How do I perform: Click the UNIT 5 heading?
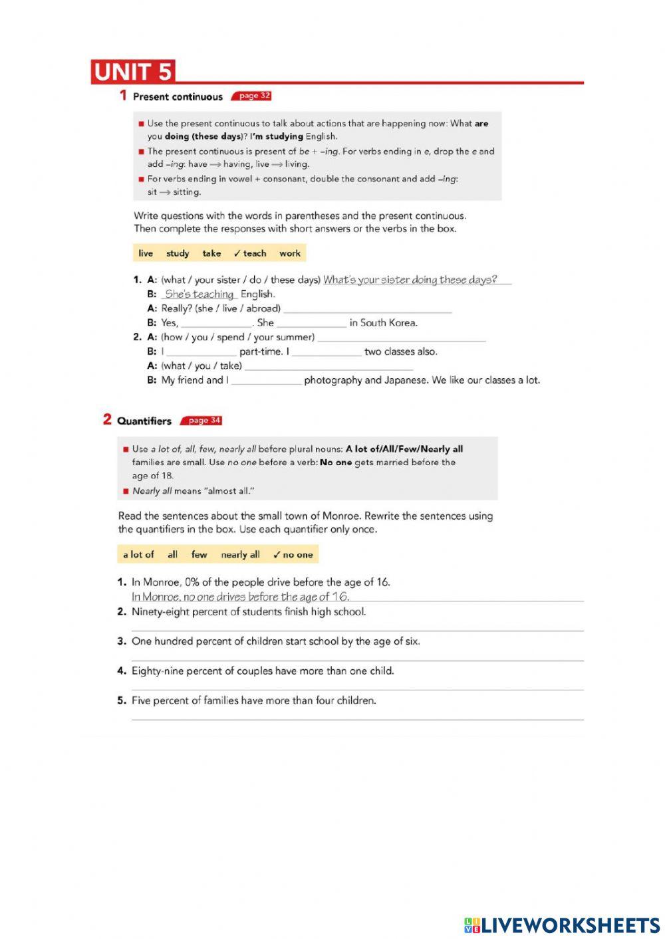point(133,72)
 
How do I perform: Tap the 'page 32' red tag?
point(253,96)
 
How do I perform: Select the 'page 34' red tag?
point(203,421)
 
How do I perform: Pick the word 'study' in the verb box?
point(178,253)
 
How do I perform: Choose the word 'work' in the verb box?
point(289,253)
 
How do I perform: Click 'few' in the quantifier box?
point(199,554)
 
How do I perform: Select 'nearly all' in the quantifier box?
point(240,554)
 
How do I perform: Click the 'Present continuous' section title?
point(178,97)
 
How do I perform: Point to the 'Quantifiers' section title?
point(144,421)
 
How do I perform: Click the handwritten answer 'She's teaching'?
point(199,294)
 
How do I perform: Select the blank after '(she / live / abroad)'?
point(367,309)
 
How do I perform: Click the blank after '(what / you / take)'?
point(329,366)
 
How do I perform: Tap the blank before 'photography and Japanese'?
point(266,381)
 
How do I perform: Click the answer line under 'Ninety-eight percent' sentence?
point(357,626)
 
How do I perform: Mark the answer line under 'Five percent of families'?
point(357,715)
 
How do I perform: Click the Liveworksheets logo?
point(561,925)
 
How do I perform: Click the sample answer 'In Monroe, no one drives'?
point(240,597)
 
